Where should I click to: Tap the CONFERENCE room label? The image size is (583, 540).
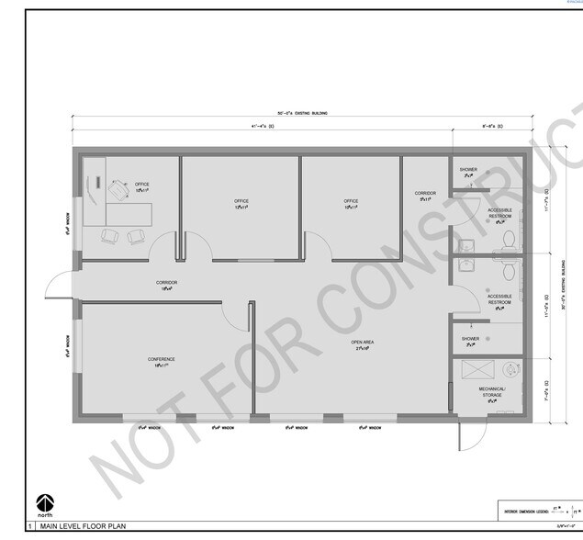162,359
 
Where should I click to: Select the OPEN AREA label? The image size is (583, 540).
362,343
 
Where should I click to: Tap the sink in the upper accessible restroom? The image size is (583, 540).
466,243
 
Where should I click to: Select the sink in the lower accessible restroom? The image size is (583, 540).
466,264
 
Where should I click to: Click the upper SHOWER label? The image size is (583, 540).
468,170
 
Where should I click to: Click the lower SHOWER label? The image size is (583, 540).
470,338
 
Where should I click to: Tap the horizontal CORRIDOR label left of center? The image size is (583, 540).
166,283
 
